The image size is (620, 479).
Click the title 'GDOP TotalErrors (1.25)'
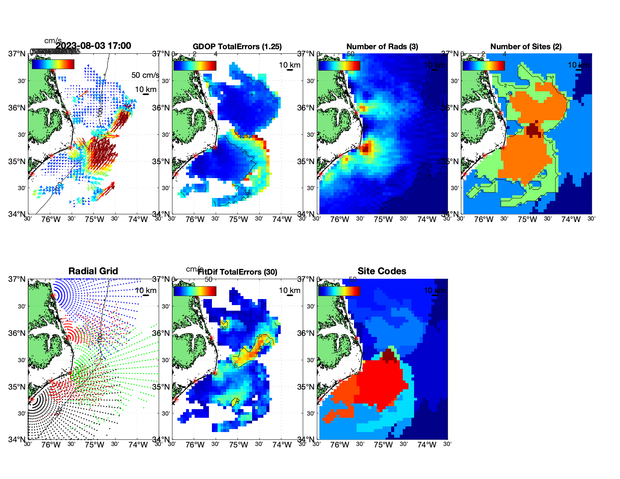(237, 47)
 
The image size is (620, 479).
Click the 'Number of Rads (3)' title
(382, 47)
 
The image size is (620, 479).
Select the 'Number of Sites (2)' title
(526, 47)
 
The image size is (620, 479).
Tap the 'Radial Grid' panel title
(93, 271)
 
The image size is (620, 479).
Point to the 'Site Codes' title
(382, 271)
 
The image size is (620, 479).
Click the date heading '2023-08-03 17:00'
(93, 46)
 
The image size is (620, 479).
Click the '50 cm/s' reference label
(145, 75)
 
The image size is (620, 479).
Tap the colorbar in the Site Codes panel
(339, 291)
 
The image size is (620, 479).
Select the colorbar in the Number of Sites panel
(483, 65)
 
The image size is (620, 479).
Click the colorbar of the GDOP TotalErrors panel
(195, 65)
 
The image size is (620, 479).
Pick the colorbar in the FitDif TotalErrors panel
(195, 291)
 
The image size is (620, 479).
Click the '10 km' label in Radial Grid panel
(145, 290)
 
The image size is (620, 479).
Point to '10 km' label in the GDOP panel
(289, 65)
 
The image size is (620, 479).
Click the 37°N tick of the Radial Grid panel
(17, 279)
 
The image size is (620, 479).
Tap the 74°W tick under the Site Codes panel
(426, 445)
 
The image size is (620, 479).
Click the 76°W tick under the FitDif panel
(195, 445)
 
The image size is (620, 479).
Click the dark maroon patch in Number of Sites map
(533, 130)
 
